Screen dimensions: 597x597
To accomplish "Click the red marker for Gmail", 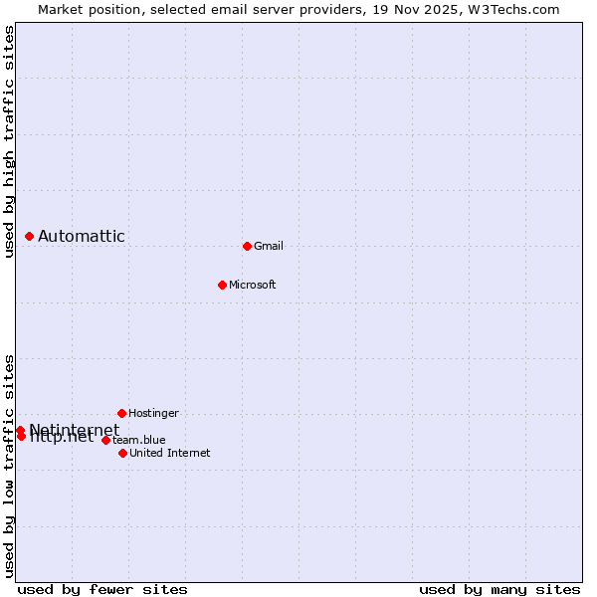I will (x=247, y=246).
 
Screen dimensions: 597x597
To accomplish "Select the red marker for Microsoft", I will (x=222, y=285).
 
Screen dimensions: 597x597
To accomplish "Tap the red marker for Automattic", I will (x=30, y=236).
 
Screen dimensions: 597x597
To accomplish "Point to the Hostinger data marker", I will (x=121, y=413).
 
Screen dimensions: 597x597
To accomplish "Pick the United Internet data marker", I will (x=122, y=453).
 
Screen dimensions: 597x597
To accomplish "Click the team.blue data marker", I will (x=105, y=440).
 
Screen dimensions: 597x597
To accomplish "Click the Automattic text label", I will (x=82, y=236).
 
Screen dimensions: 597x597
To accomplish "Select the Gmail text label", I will (x=269, y=246).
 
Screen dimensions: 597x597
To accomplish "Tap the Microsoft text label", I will (x=253, y=285).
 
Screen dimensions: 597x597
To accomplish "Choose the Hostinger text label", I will (x=154, y=413).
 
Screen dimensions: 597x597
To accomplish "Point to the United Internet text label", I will (x=170, y=453).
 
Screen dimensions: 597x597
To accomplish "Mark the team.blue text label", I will (x=139, y=440).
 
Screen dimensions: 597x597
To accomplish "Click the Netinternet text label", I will (x=74, y=430).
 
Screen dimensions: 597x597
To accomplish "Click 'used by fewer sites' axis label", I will (x=102, y=589).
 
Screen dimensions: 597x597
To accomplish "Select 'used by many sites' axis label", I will (x=499, y=589).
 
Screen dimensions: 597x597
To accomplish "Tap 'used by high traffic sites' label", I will (x=9, y=141).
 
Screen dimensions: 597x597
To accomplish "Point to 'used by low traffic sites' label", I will (x=9, y=466).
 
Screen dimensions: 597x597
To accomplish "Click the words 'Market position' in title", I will (x=88, y=9).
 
